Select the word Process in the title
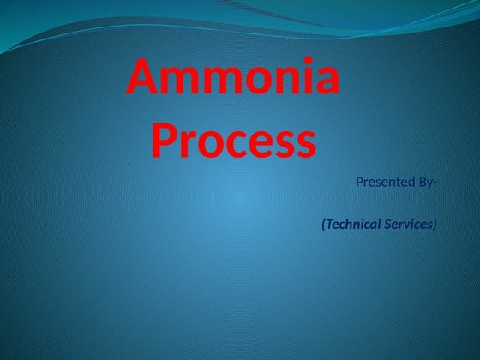pos(234,141)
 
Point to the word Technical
pos(354,225)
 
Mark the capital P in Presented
pos(358,182)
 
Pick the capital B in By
pos(423,182)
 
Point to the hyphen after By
pos(435,183)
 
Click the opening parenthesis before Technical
pos(323,225)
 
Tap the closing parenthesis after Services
pos(435,225)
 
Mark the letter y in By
pos(430,183)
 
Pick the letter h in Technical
pos(348,225)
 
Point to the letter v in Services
pos(407,225)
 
